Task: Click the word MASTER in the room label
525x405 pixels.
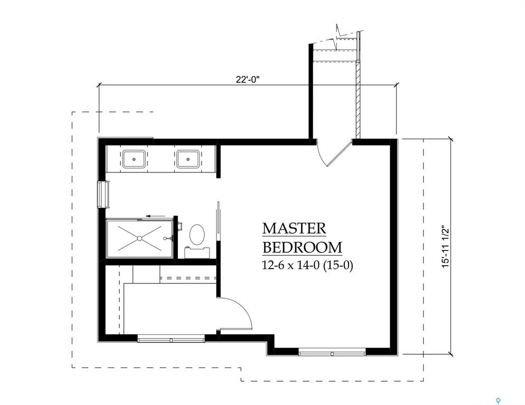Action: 294,228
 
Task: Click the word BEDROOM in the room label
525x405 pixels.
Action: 302,247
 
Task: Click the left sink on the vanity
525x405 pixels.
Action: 135,158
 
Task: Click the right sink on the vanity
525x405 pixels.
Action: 187,158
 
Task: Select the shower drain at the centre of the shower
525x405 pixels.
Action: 139,238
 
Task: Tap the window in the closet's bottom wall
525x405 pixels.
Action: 171,339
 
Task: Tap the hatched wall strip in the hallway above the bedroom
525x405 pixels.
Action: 358,98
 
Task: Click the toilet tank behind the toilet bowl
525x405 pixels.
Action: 197,252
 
